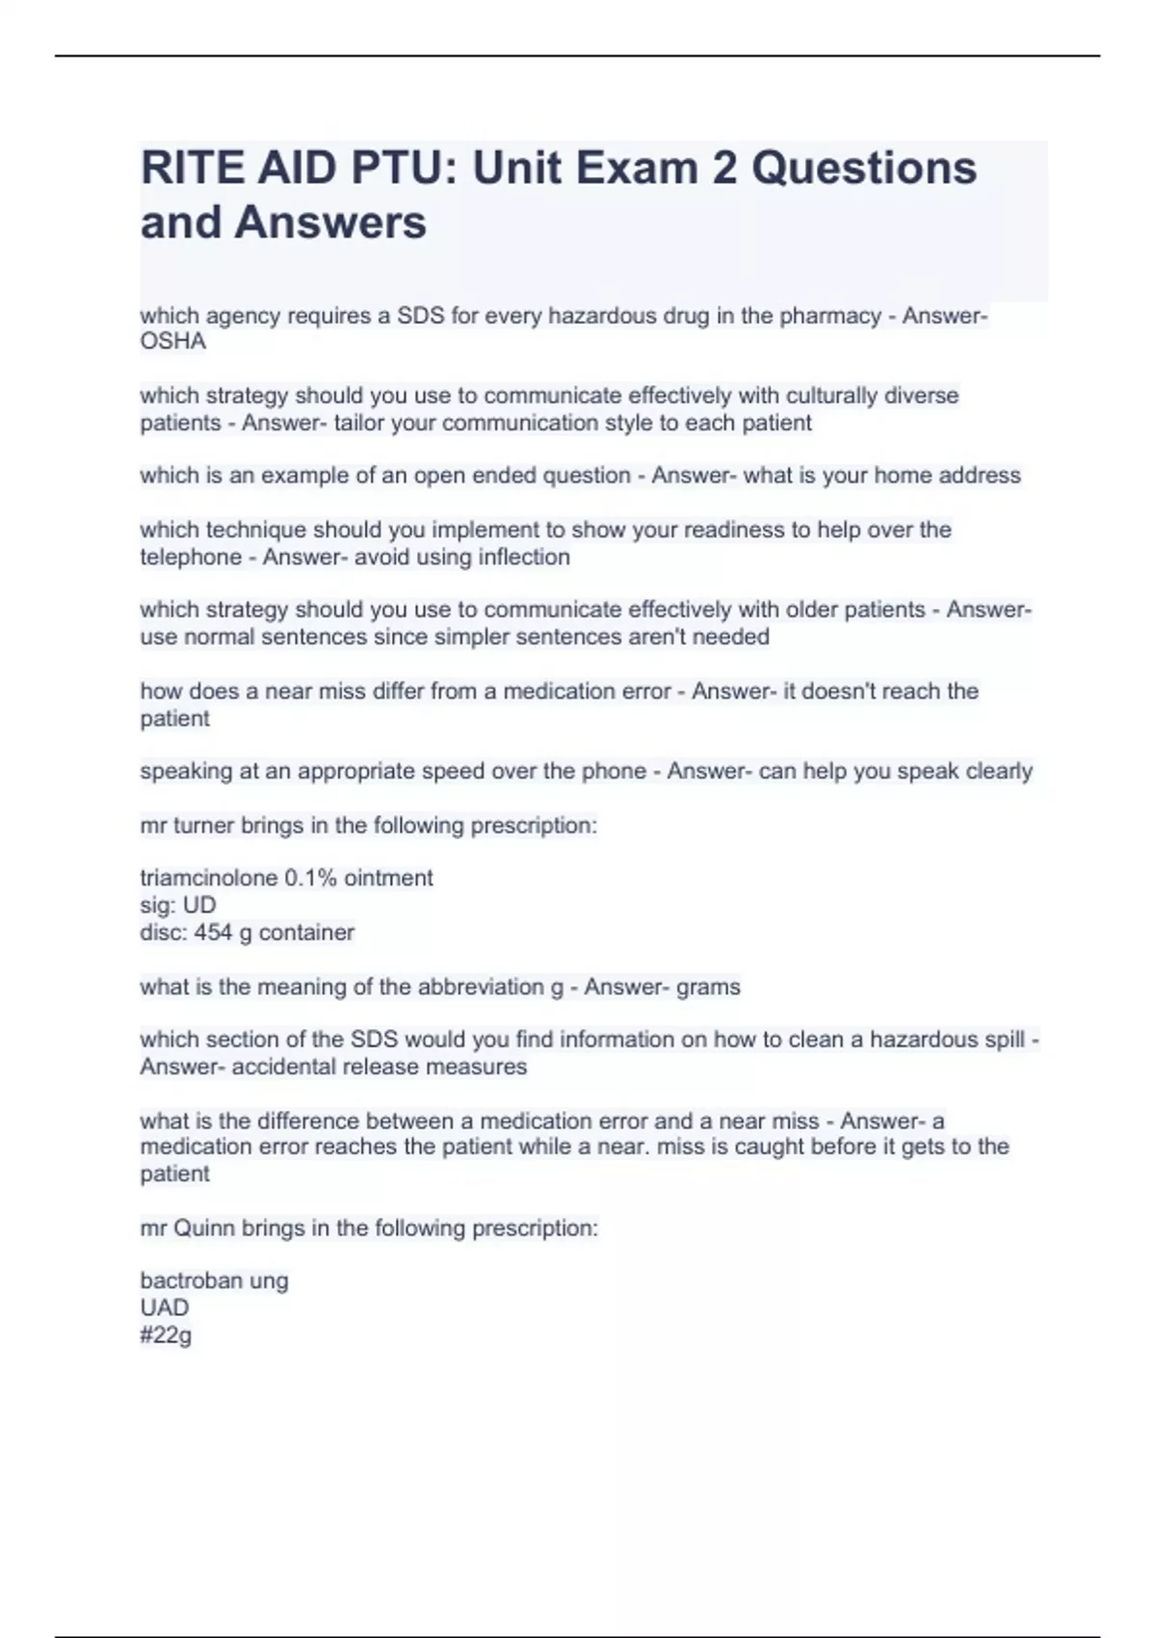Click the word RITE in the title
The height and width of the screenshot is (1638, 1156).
point(192,169)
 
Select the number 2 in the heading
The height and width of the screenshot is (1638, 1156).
point(724,169)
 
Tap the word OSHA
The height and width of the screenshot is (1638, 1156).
point(173,342)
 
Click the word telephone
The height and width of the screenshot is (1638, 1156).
point(191,557)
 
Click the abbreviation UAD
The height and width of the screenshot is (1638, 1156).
point(165,1308)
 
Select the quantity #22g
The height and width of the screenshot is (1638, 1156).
point(166,1335)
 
